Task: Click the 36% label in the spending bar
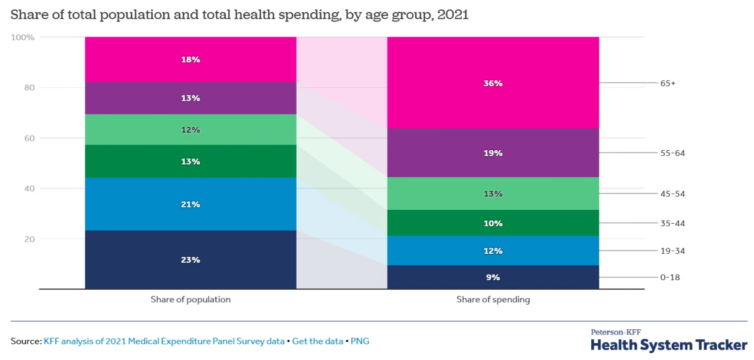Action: tap(493, 84)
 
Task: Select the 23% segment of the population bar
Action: tap(190, 259)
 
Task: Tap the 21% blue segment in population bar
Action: tap(190, 204)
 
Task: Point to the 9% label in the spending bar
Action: tap(493, 277)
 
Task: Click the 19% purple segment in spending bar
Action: tap(493, 153)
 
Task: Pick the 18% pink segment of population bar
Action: tap(190, 60)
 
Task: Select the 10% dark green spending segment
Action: tap(493, 223)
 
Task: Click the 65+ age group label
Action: tap(667, 83)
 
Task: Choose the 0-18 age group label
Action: tap(670, 277)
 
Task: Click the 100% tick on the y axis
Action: tap(23, 38)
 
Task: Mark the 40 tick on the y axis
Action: tap(28, 188)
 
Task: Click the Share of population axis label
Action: tap(190, 300)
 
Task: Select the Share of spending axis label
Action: tap(493, 300)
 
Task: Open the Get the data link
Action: tap(317, 341)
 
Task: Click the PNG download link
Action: tap(360, 341)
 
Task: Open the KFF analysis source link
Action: tap(164, 341)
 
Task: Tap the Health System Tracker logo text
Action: tap(669, 345)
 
